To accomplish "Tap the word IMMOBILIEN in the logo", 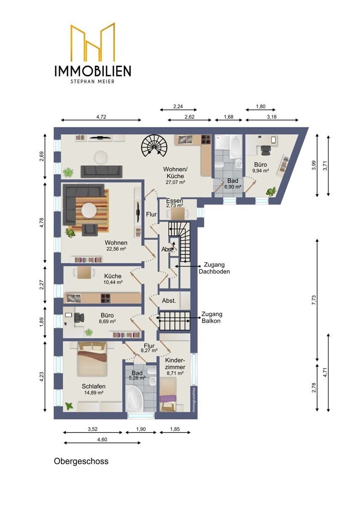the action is tap(93, 71).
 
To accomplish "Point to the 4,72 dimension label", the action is tap(101, 117).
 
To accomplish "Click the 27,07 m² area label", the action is tap(175, 182).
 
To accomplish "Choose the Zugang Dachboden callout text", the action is tap(214, 268).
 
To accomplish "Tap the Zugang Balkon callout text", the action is tap(212, 317).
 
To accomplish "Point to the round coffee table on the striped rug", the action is tap(89, 210).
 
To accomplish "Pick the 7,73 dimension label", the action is tap(314, 300).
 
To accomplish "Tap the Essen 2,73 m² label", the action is tap(174, 203).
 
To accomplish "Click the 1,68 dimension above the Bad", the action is tap(228, 117).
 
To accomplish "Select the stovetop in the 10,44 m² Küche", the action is tap(106, 298).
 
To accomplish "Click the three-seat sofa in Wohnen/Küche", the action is tap(101, 171).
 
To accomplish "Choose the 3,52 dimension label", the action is tap(93, 429).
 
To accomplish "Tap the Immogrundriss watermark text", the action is tap(194, 400).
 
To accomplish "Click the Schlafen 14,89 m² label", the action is tap(94, 389).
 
